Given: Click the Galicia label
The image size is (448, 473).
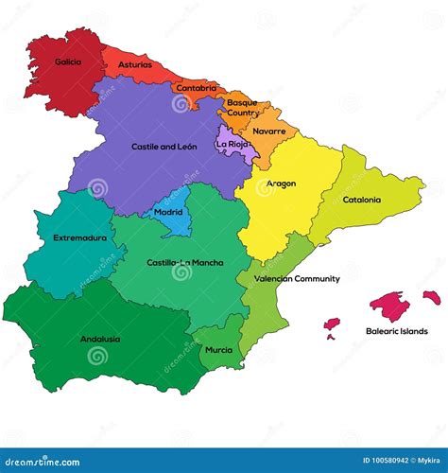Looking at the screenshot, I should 68,62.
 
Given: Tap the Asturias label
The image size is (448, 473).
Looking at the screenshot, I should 134,65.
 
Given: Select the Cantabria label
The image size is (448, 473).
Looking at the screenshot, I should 196,88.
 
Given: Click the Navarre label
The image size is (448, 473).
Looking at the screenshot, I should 269,131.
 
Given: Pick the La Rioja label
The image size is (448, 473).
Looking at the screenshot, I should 233,144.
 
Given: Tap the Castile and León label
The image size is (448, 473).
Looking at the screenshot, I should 164,147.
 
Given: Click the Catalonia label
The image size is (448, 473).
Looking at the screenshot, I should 362,200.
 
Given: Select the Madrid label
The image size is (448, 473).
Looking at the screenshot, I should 168,213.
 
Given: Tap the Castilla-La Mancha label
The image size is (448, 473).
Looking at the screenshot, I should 185,262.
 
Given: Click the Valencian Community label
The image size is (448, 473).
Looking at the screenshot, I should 297,279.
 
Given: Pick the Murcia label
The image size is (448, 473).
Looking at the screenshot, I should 218,349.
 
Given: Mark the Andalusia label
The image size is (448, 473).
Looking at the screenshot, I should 100,339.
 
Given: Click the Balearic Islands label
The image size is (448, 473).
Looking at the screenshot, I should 397,331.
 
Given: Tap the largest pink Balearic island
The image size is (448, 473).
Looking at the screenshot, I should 388,305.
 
